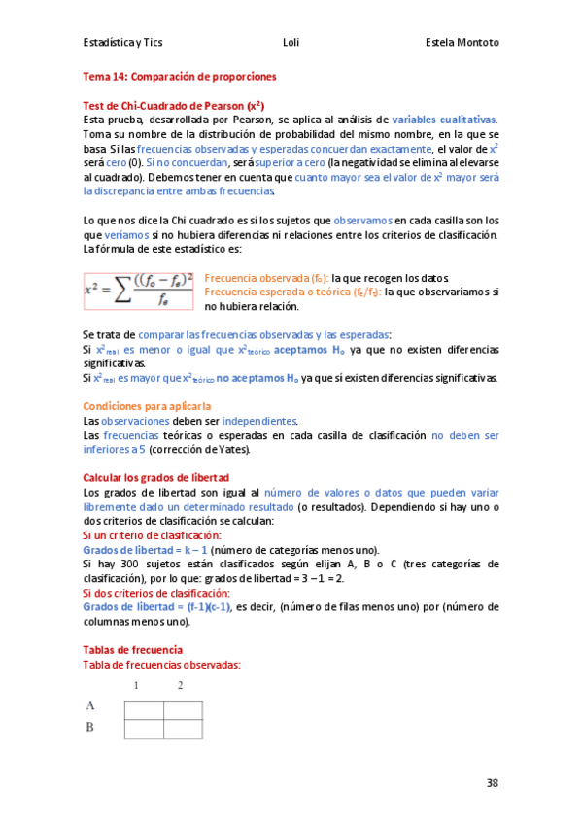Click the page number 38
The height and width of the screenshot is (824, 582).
coord(492,782)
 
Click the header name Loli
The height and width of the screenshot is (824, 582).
coord(291,43)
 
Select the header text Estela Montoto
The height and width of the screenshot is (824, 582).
coord(462,43)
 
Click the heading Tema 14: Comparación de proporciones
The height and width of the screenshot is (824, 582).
coord(180,75)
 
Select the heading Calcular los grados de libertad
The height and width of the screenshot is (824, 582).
coord(155,478)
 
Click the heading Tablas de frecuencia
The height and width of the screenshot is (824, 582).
coord(132,649)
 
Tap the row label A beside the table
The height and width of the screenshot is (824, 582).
coord(90,706)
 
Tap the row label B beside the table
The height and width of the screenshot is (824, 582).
coord(90,726)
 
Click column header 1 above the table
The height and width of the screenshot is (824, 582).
coord(136,687)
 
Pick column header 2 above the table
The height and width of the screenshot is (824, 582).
coord(180,687)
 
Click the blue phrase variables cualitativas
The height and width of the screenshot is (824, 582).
coord(444,119)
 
